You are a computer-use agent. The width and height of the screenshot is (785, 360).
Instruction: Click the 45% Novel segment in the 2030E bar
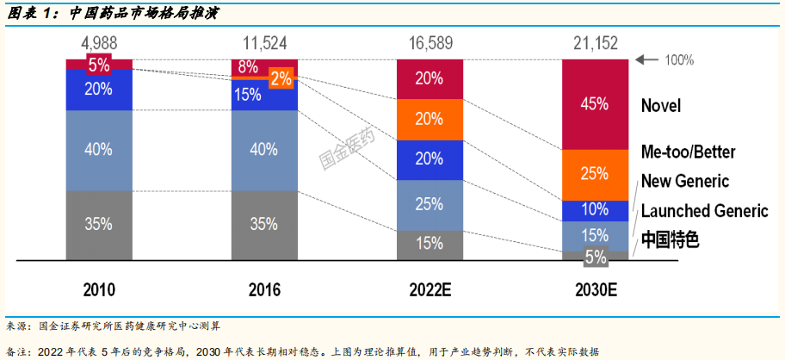pos(595,104)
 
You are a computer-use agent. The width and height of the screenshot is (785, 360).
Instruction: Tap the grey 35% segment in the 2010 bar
pos(99,224)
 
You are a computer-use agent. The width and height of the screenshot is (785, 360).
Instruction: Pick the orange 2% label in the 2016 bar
pos(281,78)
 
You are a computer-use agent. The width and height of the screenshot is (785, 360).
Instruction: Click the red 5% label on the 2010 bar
pos(99,64)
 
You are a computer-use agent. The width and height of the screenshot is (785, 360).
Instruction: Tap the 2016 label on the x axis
pos(264,290)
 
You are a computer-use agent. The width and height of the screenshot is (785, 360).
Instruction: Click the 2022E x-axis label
pos(430,290)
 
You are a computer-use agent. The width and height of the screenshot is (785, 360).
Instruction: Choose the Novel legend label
pos(660,106)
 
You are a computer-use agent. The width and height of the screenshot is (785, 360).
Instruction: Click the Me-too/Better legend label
pos(689,152)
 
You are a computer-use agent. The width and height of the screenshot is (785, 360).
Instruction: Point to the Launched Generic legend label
pos(704,211)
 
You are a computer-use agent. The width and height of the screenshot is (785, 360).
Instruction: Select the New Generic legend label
pos(684,181)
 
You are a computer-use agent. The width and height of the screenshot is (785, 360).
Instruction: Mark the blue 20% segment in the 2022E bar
pos(430,159)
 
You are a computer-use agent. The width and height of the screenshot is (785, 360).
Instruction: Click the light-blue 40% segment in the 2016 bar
pos(264,150)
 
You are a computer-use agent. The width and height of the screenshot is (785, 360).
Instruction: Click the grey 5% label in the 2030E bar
pos(595,256)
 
